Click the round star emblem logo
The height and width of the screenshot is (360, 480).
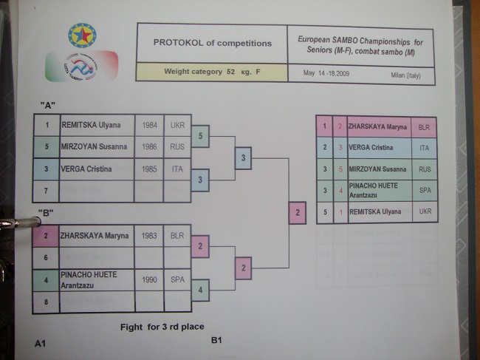(81, 35)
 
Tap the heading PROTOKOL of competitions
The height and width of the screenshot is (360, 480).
(213, 43)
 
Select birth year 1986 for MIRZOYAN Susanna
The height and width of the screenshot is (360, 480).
(148, 146)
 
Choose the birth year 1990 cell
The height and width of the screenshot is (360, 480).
(149, 279)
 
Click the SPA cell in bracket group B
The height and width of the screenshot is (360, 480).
(177, 280)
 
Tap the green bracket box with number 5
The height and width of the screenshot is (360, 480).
(200, 136)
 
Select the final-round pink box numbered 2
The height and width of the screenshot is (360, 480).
(297, 213)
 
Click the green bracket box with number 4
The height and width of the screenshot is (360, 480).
(200, 291)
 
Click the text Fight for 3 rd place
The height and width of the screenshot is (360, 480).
(162, 326)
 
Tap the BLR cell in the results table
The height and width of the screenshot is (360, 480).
(424, 126)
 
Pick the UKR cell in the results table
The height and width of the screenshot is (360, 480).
(424, 212)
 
